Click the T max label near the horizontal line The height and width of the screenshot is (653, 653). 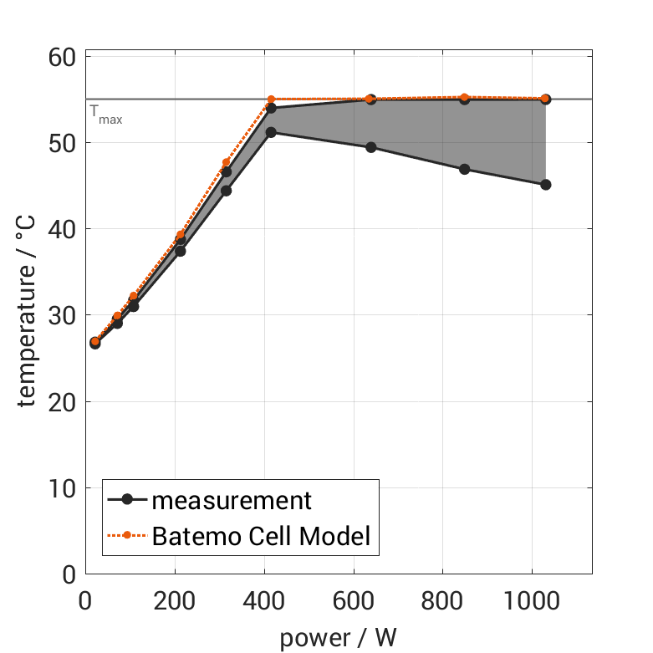[x=105, y=115]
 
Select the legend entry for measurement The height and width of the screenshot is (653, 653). [x=231, y=500]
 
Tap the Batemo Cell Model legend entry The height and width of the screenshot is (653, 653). [x=260, y=536]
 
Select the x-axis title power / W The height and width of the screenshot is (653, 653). [x=338, y=637]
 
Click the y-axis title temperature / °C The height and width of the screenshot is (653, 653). [x=27, y=315]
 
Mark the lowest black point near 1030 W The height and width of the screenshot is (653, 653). [x=545, y=185]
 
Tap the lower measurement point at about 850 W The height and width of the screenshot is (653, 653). [x=465, y=169]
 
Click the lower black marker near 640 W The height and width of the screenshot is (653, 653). [x=371, y=147]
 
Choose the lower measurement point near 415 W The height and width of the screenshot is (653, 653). [x=271, y=132]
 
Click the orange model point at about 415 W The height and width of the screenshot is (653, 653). [x=271, y=99]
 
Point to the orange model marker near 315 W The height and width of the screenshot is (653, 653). [x=226, y=162]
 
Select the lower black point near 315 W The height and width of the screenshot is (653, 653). [x=226, y=191]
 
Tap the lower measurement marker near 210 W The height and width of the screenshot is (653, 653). [x=180, y=251]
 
